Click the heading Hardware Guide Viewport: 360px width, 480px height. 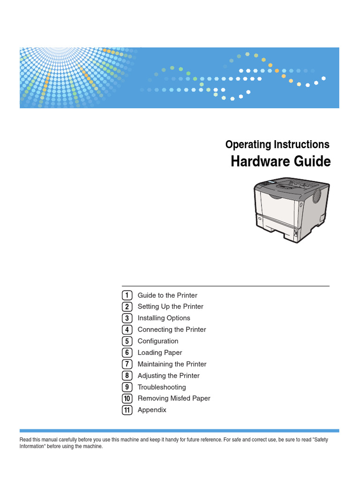(280, 162)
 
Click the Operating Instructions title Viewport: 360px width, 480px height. (277, 144)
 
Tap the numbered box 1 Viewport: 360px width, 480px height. (127, 295)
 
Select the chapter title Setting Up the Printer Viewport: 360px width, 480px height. (170, 307)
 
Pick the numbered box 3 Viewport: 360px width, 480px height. (127, 318)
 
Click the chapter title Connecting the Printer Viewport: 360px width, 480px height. (172, 330)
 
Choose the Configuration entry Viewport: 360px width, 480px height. (158, 341)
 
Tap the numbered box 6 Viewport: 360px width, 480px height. (127, 352)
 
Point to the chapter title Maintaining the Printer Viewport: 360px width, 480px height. (172, 364)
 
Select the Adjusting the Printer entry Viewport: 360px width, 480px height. (168, 375)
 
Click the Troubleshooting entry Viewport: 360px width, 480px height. (162, 387)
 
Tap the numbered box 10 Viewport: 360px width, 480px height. (127, 398)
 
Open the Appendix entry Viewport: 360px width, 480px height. (152, 410)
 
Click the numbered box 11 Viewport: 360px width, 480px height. (127, 410)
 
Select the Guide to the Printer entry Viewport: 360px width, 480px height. (167, 295)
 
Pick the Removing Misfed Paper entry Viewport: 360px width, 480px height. (174, 398)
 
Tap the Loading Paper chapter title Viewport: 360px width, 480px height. (160, 352)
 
